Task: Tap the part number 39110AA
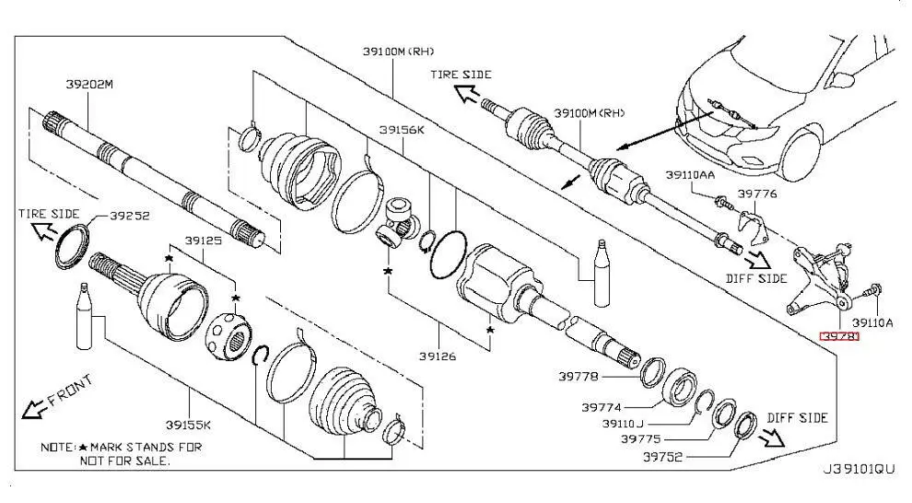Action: pyautogui.click(x=690, y=173)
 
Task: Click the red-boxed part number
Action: pyautogui.click(x=839, y=337)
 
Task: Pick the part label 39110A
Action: pyautogui.click(x=871, y=322)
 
